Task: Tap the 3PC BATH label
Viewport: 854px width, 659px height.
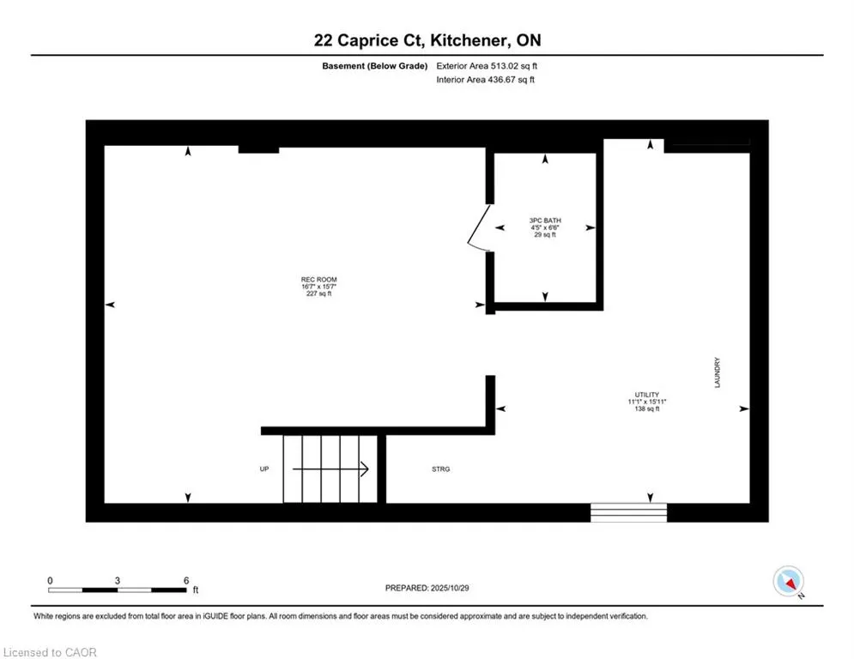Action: [x=545, y=221]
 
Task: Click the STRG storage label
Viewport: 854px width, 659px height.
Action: [x=440, y=469]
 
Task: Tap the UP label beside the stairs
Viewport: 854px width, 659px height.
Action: [x=264, y=469]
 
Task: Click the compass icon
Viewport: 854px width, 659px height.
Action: [x=788, y=581]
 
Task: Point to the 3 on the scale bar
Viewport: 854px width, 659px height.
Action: [x=118, y=580]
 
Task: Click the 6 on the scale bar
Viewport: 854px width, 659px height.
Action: [x=185, y=580]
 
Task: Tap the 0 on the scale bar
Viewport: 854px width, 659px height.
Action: [x=51, y=580]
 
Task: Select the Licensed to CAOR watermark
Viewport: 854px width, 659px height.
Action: [x=50, y=652]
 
